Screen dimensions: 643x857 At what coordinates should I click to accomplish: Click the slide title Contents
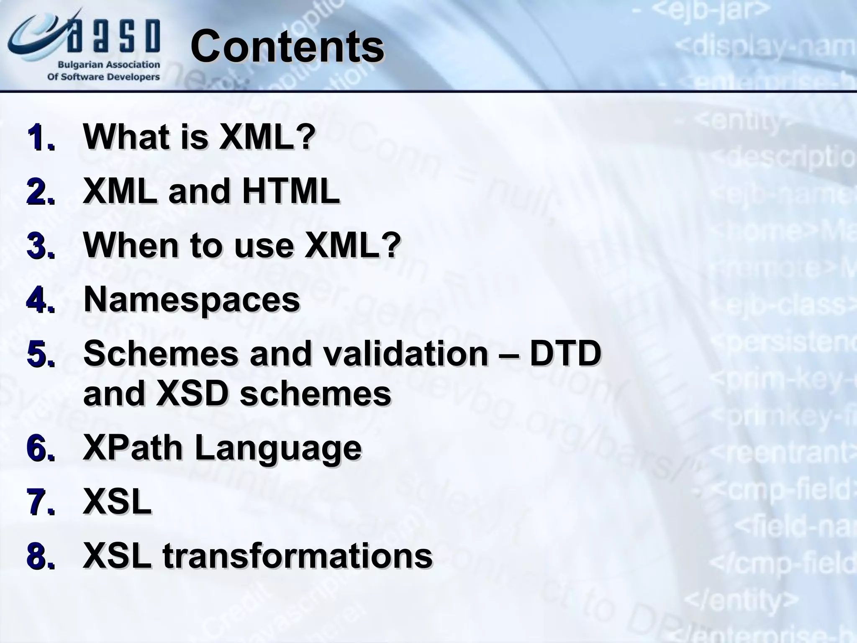coord(287,47)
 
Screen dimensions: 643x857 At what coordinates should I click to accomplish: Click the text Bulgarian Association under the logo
coord(109,65)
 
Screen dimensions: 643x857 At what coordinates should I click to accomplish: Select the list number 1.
coord(41,138)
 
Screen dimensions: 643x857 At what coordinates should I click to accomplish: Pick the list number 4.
coord(41,300)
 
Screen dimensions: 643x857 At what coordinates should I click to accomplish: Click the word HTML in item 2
coord(291,191)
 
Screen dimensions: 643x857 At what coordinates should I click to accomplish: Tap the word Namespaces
coord(192,299)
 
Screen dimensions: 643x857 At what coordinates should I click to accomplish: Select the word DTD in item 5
coord(565,354)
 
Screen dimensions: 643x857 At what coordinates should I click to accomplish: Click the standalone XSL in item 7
coord(117,502)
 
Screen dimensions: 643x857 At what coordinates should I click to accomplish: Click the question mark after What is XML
coord(307,137)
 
